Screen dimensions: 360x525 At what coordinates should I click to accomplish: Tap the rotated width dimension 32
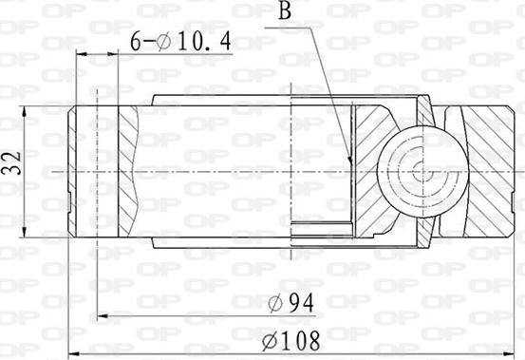click(x=10, y=164)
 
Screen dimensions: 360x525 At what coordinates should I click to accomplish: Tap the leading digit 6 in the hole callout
click(x=135, y=41)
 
